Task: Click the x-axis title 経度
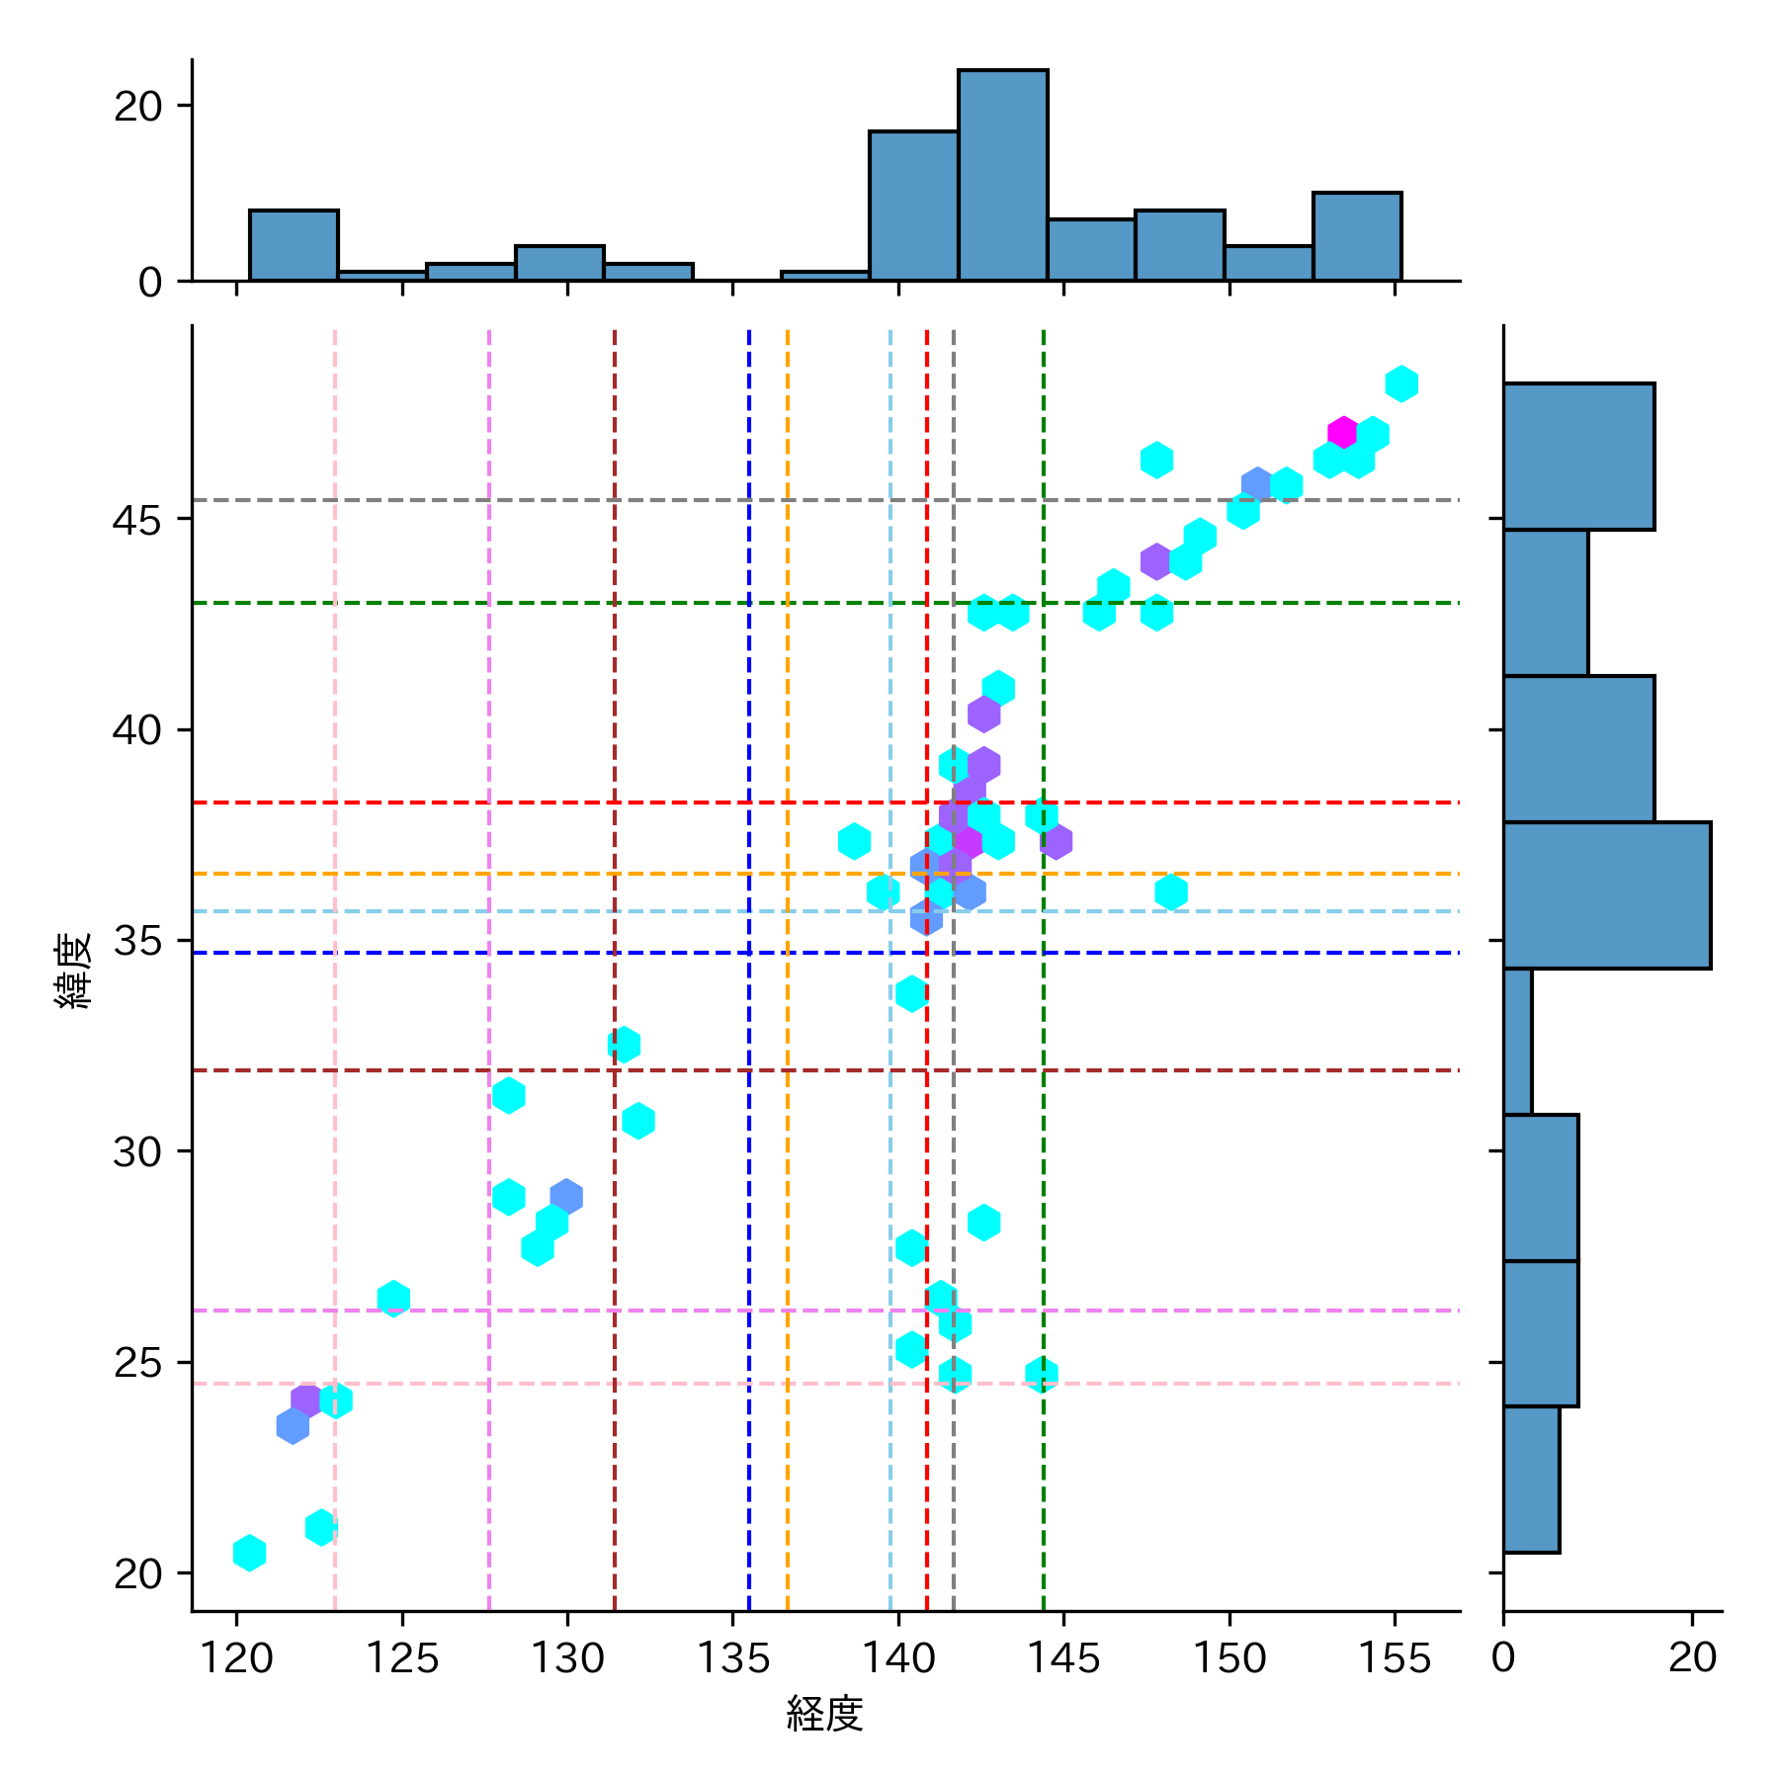click(825, 1714)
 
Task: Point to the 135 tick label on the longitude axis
click(732, 1659)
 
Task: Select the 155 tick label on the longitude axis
click(1394, 1659)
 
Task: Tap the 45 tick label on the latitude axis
click(136, 520)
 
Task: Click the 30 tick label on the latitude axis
click(136, 1151)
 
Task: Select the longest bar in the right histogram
click(1606, 894)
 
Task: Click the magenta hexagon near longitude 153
click(1342, 433)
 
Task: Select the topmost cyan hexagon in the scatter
click(1401, 383)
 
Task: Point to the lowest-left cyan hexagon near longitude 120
click(250, 1553)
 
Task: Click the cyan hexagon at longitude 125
click(393, 1299)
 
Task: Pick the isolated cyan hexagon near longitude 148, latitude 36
click(1171, 892)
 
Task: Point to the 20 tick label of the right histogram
click(1692, 1659)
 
